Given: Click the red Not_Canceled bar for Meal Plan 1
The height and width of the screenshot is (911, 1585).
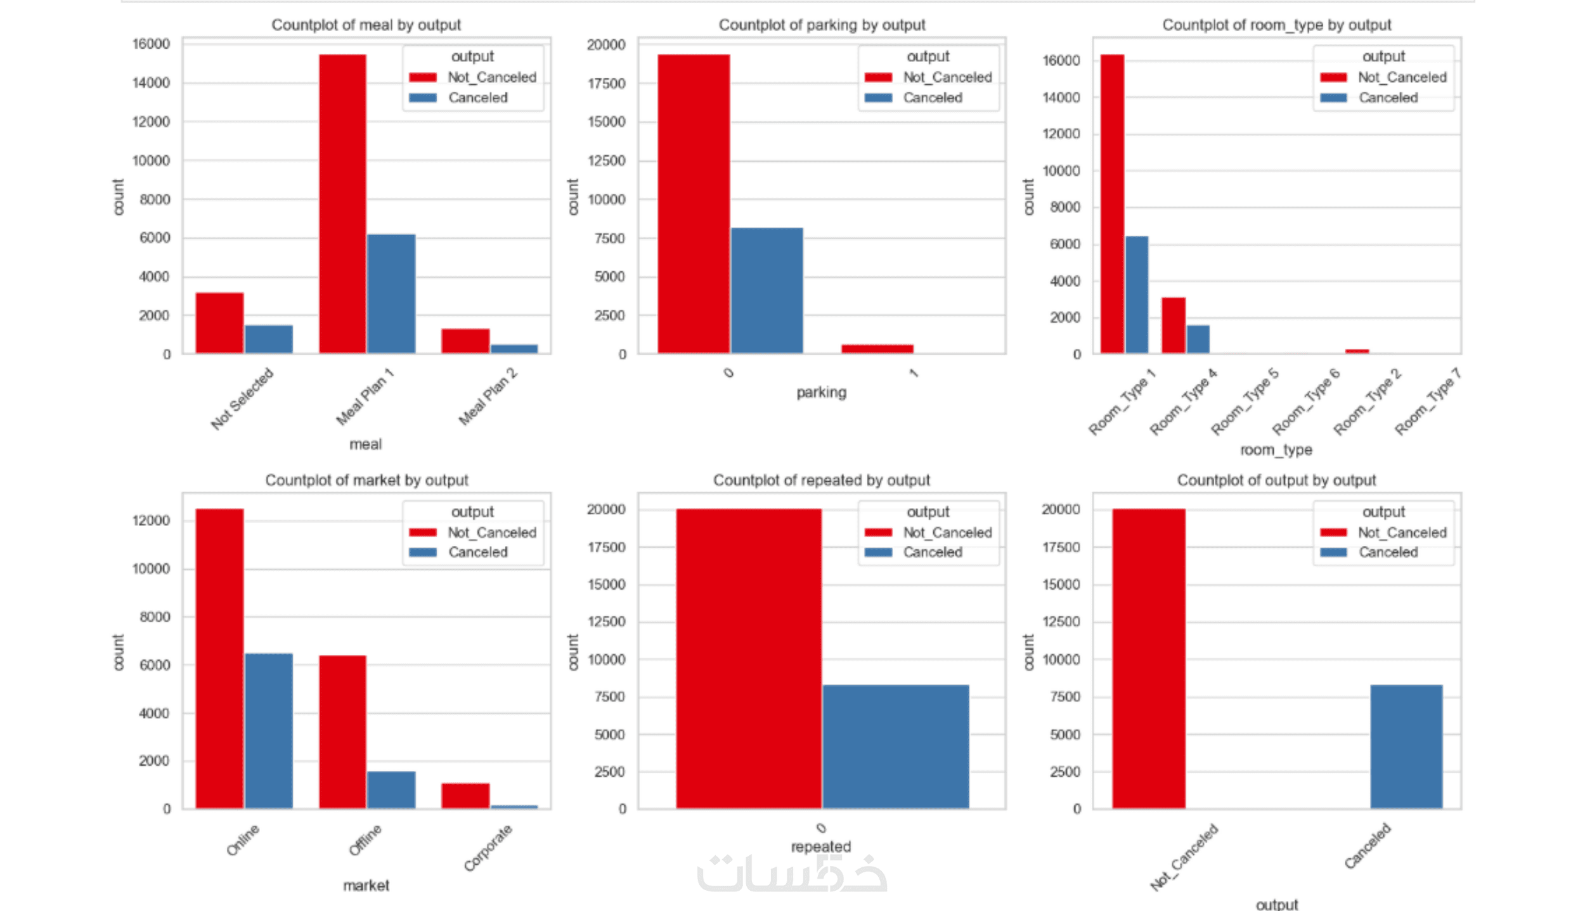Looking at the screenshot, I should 342,203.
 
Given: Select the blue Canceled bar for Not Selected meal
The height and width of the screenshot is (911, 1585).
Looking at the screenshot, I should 269,339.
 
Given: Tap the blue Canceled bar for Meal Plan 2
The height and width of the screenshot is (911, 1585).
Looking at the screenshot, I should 514,349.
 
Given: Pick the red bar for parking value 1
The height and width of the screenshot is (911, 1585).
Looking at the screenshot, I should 877,349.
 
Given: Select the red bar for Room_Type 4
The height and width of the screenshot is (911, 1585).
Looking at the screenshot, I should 1174,325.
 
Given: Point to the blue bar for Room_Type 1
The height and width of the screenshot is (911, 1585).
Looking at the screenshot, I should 1137,295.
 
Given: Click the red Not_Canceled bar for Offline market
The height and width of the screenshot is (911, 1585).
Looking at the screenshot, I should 342,732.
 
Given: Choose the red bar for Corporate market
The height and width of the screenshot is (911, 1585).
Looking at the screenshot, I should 465,796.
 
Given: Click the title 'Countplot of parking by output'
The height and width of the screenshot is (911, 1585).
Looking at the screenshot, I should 822,25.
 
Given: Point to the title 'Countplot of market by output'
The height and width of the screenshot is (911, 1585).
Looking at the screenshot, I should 366,480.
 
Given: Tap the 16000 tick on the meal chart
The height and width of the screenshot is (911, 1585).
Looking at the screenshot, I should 151,44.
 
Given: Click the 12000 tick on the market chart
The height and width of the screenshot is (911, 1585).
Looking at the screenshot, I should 151,520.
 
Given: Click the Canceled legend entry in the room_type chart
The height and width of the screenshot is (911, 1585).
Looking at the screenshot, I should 1388,98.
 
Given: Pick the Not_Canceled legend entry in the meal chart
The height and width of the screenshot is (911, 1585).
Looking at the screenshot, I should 491,77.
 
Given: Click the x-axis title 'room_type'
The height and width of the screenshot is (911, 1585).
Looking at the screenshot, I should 1276,450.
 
